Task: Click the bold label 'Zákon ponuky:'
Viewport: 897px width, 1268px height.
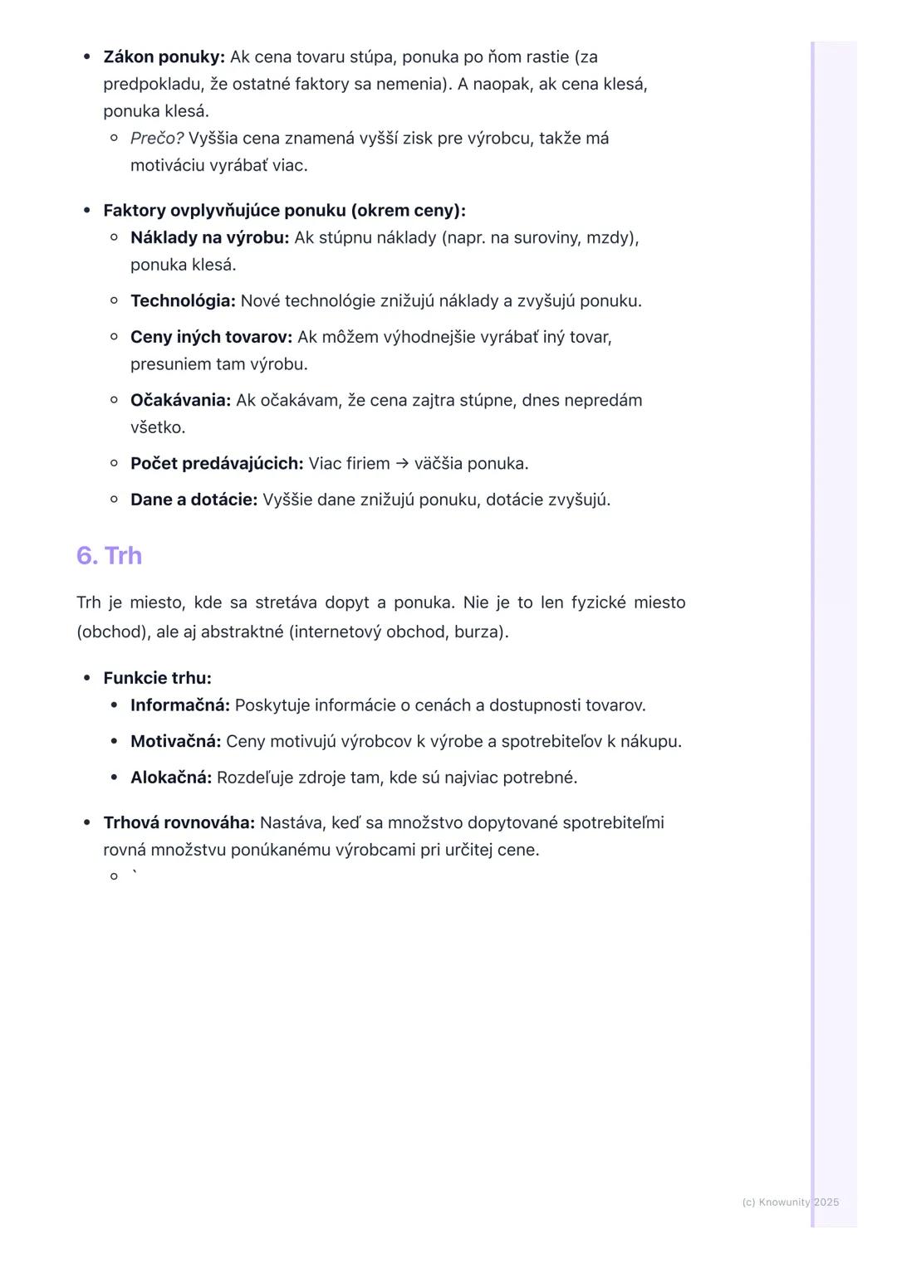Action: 164,57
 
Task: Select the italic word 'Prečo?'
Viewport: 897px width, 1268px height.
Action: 157,139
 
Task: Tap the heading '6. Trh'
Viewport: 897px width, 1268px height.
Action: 109,555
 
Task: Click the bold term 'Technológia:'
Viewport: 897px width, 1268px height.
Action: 183,301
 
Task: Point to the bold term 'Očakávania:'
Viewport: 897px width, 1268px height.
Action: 180,401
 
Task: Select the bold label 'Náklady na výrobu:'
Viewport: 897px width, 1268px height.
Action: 209,238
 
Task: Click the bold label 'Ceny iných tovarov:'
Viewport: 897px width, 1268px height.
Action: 211,338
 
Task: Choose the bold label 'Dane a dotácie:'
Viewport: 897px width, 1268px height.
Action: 194,500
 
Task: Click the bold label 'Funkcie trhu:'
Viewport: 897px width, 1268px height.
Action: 157,678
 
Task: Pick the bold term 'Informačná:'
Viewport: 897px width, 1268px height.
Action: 179,705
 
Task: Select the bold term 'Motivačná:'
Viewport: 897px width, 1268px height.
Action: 175,742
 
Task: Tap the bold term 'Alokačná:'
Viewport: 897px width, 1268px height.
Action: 171,778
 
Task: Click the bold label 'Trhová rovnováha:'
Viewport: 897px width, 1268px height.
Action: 179,823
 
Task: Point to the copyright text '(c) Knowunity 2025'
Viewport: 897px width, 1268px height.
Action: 790,1202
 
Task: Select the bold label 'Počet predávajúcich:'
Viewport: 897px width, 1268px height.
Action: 217,464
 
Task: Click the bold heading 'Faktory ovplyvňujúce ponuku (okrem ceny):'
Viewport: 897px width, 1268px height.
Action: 284,211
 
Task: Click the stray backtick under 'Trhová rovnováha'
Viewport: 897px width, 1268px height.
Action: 135,873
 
